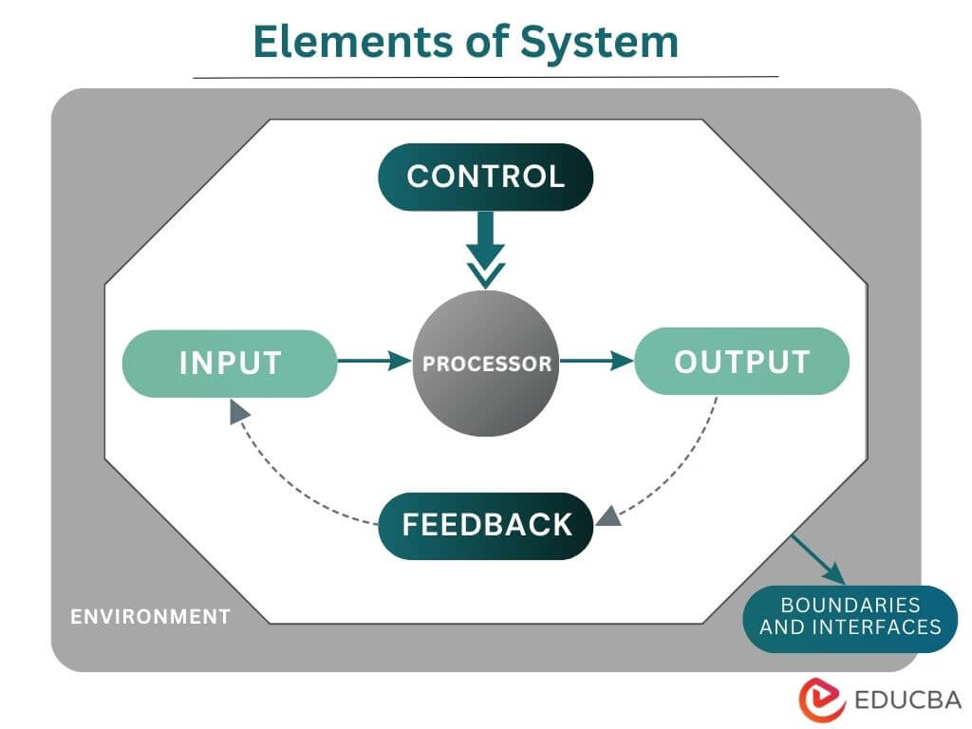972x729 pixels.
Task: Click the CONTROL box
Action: (x=486, y=177)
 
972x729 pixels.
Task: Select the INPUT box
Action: (x=230, y=364)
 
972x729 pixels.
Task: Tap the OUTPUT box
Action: (x=741, y=362)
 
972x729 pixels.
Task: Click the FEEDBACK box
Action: (x=486, y=525)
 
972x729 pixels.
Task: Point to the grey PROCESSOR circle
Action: (x=486, y=364)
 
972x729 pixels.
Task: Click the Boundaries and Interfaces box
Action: (x=850, y=616)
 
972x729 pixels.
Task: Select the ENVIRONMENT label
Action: (x=151, y=616)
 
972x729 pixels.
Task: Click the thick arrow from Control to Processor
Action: (x=486, y=245)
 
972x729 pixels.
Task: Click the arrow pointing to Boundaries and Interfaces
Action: (x=818, y=561)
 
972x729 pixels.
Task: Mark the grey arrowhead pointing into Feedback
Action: (x=608, y=515)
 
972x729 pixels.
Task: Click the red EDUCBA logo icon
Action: (x=822, y=701)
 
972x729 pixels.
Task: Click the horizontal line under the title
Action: (x=486, y=76)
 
